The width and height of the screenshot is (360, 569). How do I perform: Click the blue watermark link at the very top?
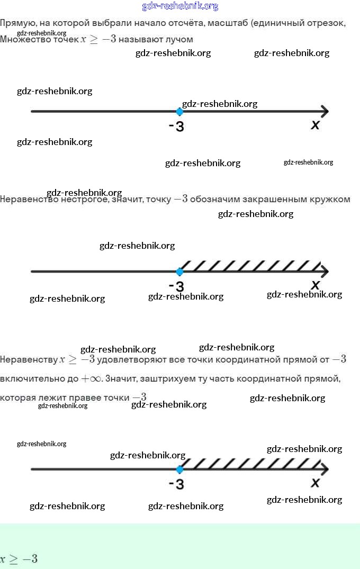pos(180,6)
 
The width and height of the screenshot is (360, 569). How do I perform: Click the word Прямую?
pos(17,23)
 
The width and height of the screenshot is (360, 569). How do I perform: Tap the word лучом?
pos(179,39)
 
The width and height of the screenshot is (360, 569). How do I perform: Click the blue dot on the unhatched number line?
pos(179,112)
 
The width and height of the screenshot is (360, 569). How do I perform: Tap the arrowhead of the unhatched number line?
pos(324,112)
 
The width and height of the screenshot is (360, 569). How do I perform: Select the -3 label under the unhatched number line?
pos(176,127)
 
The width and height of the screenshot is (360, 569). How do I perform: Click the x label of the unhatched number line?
pos(316,125)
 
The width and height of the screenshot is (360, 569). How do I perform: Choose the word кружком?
pos(331,200)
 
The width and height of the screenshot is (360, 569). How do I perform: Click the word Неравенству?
pos(29,360)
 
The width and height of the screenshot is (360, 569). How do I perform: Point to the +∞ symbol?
pos(91,379)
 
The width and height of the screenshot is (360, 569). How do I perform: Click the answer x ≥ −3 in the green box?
pos(19,559)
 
